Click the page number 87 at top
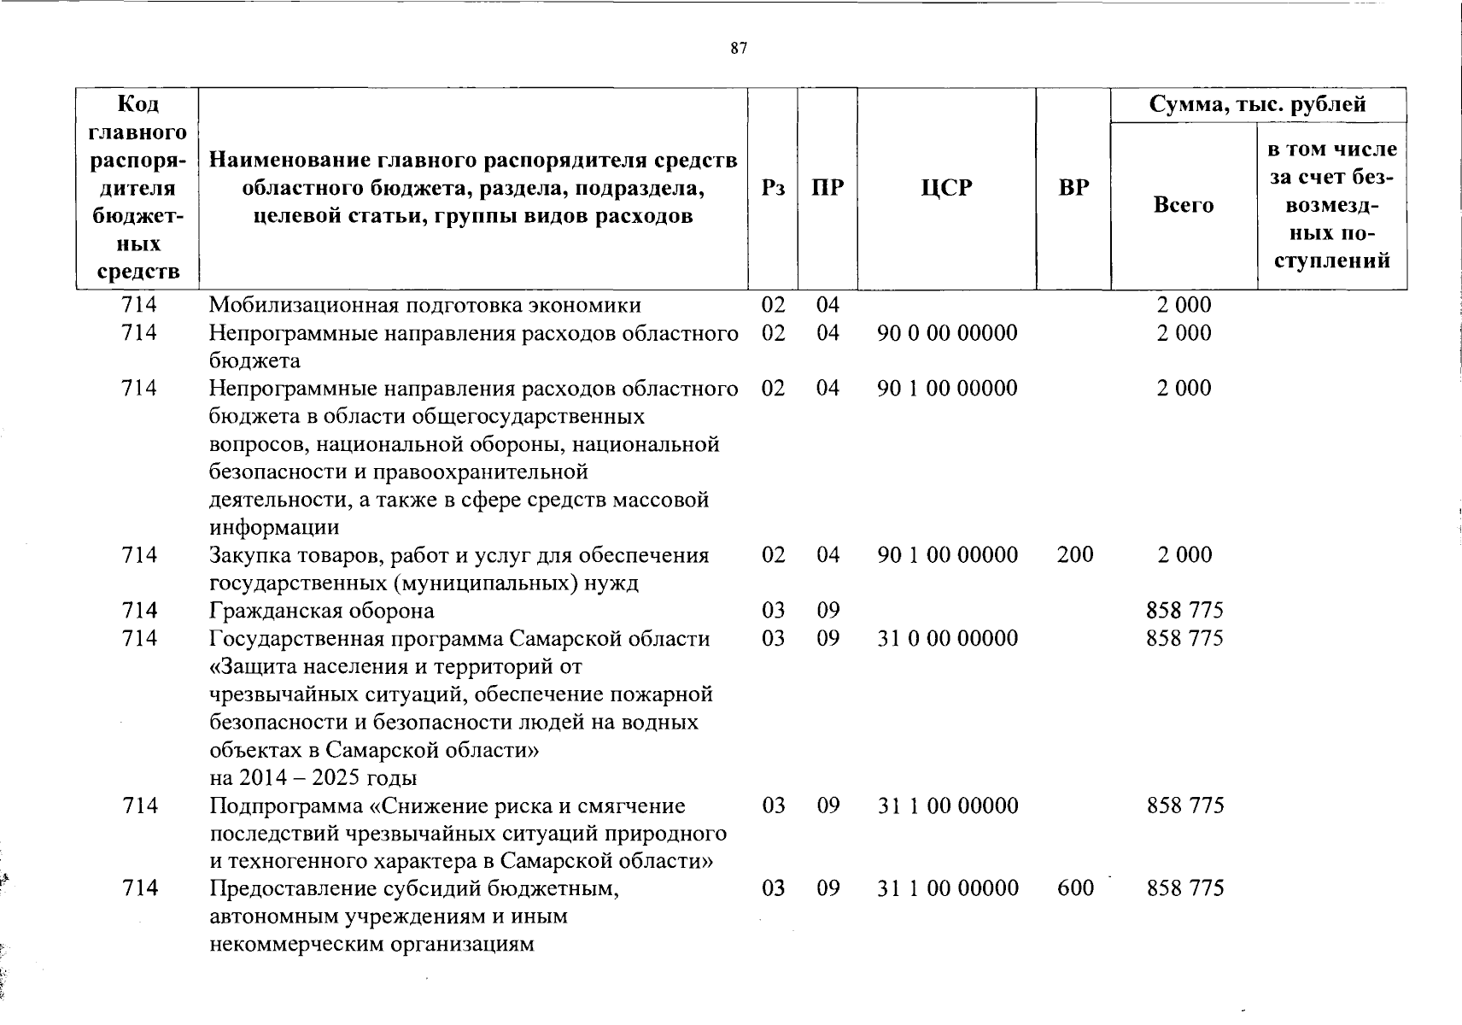pyautogui.click(x=739, y=49)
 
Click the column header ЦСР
pyautogui.click(x=946, y=188)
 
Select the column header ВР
pyautogui.click(x=1073, y=188)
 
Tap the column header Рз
pyautogui.click(x=773, y=188)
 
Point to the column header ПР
pyautogui.click(x=827, y=188)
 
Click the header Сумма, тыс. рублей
pyautogui.click(x=1257, y=105)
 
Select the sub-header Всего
pyautogui.click(x=1183, y=205)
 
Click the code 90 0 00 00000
pyautogui.click(x=947, y=333)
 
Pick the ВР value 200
pyautogui.click(x=1074, y=555)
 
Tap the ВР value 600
pyautogui.click(x=1074, y=888)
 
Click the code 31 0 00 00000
pyautogui.click(x=947, y=639)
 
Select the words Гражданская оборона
pyautogui.click(x=322, y=612)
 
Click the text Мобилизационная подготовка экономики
pyautogui.click(x=425, y=306)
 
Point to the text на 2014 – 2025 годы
pyautogui.click(x=313, y=778)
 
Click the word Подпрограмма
pyautogui.click(x=290, y=806)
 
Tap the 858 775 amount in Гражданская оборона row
pyautogui.click(x=1184, y=612)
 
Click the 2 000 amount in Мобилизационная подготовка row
pyautogui.click(x=1184, y=306)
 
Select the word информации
pyautogui.click(x=274, y=528)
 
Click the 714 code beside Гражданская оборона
pyautogui.click(x=139, y=611)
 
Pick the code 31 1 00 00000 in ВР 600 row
pyautogui.click(x=947, y=888)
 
